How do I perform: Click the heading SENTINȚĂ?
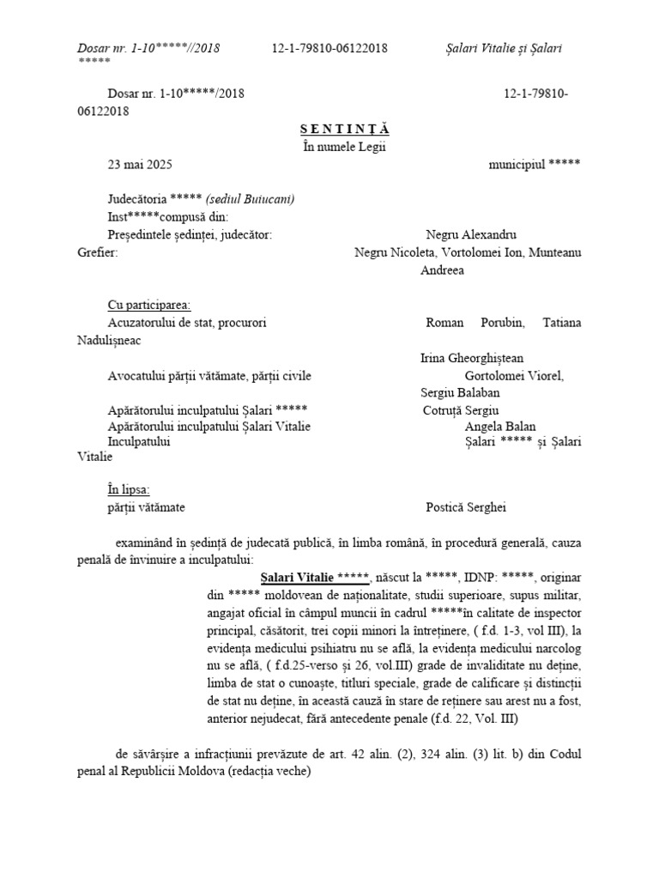(x=345, y=129)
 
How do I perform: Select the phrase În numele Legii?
(x=345, y=146)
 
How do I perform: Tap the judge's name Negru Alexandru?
(x=471, y=234)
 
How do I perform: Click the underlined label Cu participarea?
(x=149, y=305)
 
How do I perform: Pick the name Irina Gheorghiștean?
(x=472, y=358)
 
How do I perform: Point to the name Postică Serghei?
(x=466, y=507)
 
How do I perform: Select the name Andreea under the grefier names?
(x=442, y=270)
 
